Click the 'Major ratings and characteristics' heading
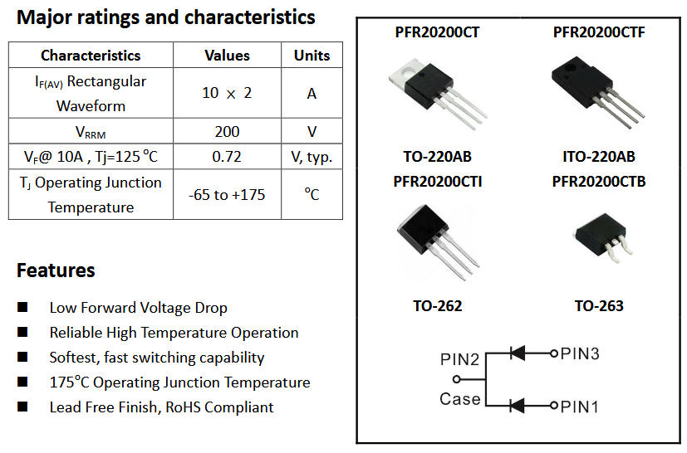pos(166,17)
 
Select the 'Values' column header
pos(227,56)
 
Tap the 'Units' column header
pos(312,56)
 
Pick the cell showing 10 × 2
pos(227,93)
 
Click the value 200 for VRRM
pos(227,131)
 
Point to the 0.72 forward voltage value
pos(227,157)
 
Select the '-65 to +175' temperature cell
pos(227,195)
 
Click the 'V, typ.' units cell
pos(312,157)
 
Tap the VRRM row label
pos(91,132)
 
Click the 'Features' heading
pos(56,270)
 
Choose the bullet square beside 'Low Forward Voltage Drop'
pos(22,308)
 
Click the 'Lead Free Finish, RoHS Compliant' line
pos(161,407)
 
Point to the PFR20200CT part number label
pos(437,33)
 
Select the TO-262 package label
pos(437,305)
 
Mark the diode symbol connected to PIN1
pos(517,405)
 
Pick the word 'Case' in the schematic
pos(459,399)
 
